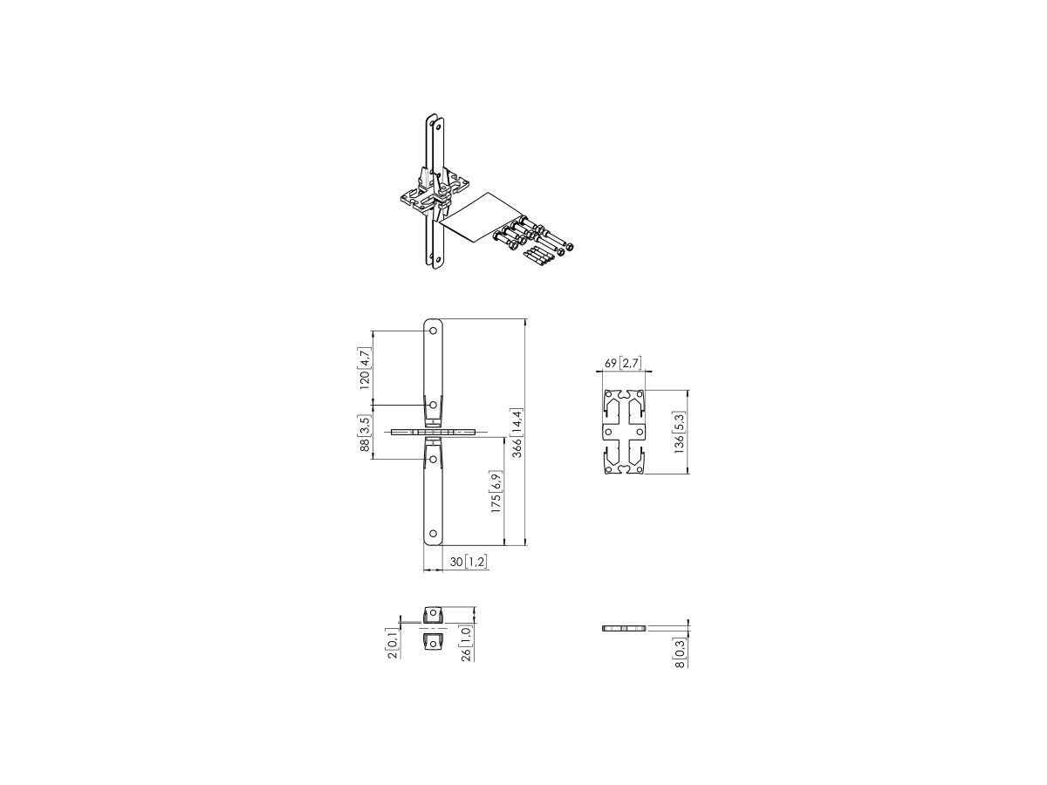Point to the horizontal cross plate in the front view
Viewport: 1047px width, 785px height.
coord(434,432)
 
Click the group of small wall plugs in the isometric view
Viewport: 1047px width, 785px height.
coord(537,256)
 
